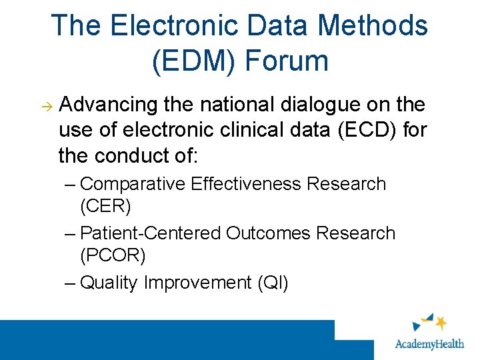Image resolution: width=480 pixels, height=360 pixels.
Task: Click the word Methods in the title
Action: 374,26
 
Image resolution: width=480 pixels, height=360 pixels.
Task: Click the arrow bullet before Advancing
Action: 47,106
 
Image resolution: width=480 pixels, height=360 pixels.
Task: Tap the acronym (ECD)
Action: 366,130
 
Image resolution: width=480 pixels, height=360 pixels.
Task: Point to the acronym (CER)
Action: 105,206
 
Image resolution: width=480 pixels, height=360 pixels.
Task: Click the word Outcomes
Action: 269,233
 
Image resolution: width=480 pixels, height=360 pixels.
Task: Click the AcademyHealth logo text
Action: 433,345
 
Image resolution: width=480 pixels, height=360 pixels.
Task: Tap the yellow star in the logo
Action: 441,323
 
